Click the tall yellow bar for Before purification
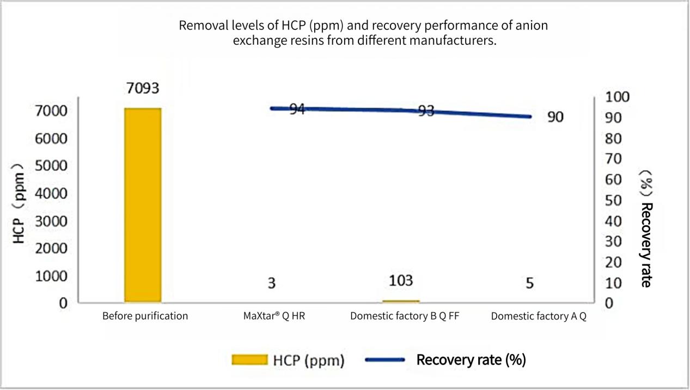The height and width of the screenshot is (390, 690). click(143, 205)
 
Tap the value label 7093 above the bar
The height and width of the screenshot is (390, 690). click(143, 88)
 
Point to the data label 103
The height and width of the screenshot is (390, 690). click(401, 281)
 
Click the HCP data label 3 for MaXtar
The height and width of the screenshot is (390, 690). click(271, 284)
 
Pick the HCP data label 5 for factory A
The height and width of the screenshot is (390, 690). click(530, 284)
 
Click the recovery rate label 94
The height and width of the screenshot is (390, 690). click(297, 109)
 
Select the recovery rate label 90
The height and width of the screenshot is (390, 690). click(555, 117)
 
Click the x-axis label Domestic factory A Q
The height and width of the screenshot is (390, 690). click(539, 316)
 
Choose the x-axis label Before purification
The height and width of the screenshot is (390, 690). click(145, 316)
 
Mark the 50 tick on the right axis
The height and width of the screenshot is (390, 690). click(613, 200)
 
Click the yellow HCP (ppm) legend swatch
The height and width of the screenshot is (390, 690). click(249, 359)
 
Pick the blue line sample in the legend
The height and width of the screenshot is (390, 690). click(384, 359)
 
